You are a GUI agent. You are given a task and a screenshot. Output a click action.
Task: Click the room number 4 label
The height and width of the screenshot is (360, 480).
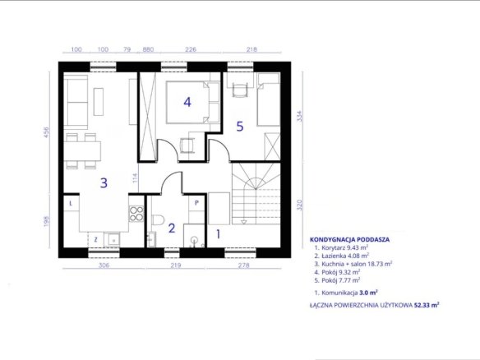pos(187,102)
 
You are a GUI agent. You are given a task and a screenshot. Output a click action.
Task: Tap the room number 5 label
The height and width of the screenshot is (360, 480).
pos(240,126)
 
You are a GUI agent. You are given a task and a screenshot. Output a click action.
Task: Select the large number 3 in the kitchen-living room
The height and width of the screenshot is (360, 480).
pos(104,182)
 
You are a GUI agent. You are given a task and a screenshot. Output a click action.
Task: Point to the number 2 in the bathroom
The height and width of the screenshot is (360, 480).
pos(172,228)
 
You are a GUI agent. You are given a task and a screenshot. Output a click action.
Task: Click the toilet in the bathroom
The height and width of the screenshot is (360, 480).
pos(158,219)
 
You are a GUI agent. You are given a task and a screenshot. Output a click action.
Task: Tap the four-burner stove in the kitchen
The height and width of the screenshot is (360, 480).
pos(136,214)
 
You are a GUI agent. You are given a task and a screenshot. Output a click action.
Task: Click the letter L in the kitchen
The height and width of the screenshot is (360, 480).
pos(71,203)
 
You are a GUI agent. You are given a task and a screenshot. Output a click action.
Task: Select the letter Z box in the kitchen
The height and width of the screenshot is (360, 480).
pos(95,239)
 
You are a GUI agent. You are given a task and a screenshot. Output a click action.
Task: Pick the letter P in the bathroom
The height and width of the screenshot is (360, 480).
pos(196,203)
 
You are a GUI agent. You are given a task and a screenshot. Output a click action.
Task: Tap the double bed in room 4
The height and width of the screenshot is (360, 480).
pos(192,102)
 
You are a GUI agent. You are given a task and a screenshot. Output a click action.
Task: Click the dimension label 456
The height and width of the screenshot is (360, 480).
pos(46,132)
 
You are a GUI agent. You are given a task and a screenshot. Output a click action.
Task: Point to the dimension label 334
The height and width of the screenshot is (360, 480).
pos(300,116)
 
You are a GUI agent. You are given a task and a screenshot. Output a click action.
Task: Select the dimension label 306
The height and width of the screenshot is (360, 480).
pos(104,265)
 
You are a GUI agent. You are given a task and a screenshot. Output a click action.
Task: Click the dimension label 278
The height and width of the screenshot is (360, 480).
pos(243,265)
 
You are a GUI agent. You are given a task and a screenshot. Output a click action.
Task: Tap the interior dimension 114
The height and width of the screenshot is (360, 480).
pos(136,178)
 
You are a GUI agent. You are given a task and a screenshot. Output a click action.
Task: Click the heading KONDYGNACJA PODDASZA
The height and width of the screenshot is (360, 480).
pos(349,240)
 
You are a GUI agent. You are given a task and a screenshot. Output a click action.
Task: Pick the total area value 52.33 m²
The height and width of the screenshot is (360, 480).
pos(427,305)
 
